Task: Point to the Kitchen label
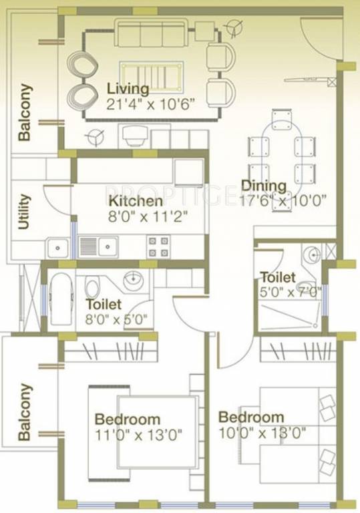pos(136,201)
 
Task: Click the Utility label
pos(25,212)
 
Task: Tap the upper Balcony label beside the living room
pos(25,112)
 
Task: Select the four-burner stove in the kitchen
pos(158,246)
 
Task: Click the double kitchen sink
pos(99,247)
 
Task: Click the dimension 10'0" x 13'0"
pos(262,432)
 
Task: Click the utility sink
pos(58,248)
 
